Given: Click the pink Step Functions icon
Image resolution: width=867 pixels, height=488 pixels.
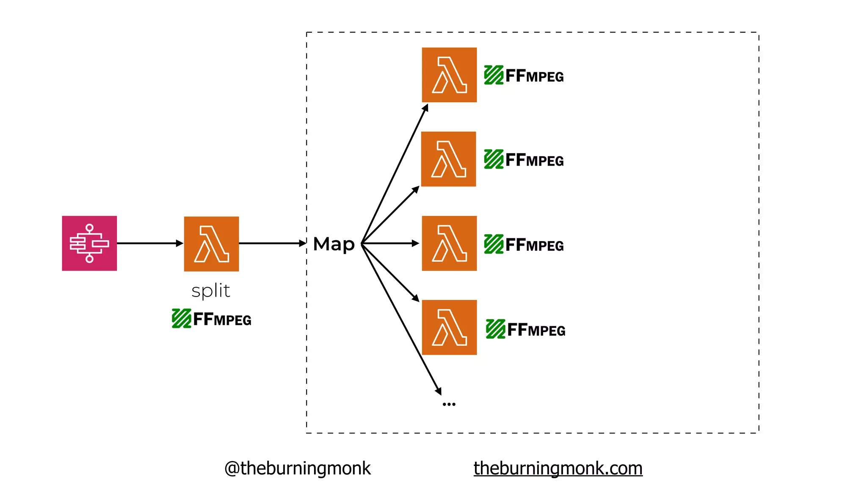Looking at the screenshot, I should [x=89, y=243].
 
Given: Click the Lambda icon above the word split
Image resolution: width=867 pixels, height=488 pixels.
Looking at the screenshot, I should [x=211, y=244].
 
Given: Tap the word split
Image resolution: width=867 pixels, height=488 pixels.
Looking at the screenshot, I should [x=211, y=291].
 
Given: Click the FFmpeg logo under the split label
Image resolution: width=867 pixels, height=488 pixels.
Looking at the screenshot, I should [x=212, y=319].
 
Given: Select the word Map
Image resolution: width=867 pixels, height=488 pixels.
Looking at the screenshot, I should [x=334, y=244].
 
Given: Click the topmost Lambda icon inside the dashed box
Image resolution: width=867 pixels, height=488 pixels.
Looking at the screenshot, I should [x=449, y=75].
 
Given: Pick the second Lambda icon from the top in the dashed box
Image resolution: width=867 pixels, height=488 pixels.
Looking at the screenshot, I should [x=448, y=159].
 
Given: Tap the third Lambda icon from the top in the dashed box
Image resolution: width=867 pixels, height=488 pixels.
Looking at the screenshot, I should [x=449, y=243].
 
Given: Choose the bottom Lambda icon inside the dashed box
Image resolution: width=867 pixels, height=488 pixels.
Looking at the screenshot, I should [x=449, y=327].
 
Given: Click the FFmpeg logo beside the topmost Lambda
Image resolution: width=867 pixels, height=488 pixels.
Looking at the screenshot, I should [x=524, y=75].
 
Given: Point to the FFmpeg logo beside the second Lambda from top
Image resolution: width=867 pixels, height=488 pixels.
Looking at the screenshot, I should [x=524, y=160].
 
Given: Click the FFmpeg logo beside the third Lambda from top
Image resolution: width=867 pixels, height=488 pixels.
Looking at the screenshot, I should [x=524, y=244].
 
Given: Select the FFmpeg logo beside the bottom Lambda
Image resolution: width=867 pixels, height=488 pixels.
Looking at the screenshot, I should [x=526, y=329].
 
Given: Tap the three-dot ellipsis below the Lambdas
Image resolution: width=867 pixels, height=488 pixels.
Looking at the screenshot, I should [x=449, y=404].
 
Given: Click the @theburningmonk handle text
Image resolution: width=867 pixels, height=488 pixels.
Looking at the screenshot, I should [x=297, y=469].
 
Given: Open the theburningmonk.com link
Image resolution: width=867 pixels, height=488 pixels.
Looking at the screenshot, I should [x=558, y=469].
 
